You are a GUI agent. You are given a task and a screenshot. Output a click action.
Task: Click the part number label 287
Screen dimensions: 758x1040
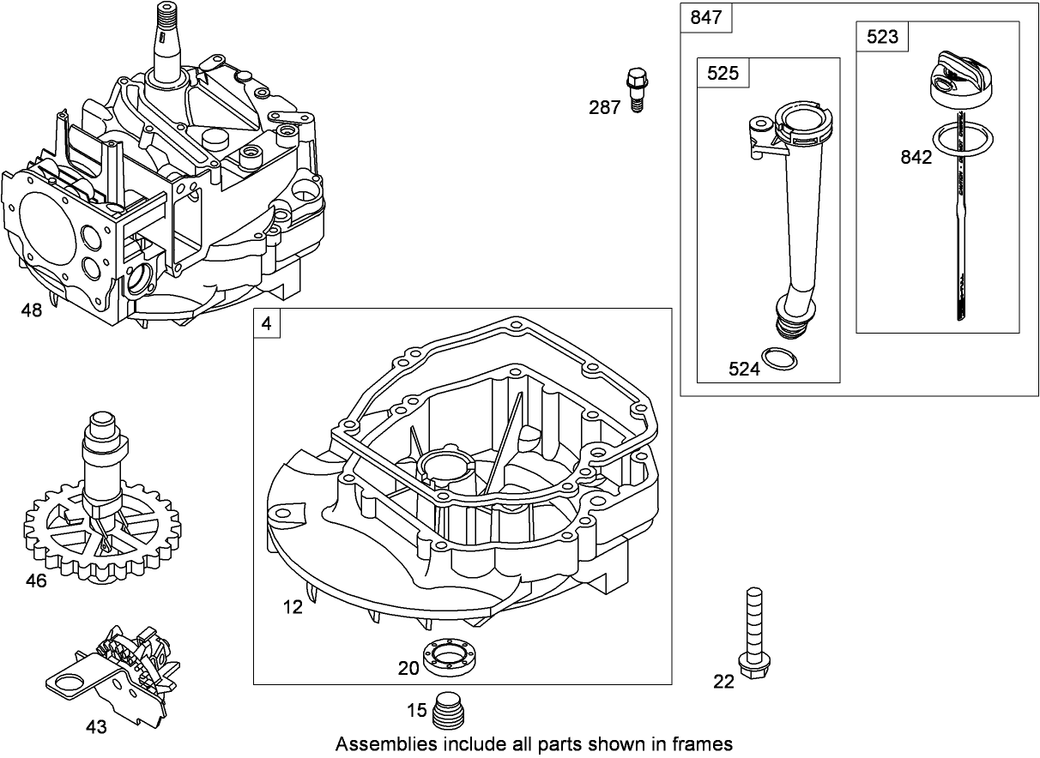click(x=604, y=108)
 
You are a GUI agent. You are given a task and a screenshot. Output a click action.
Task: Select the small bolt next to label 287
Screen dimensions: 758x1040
click(x=636, y=88)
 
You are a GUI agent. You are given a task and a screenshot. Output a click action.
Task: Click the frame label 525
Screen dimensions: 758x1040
click(x=723, y=74)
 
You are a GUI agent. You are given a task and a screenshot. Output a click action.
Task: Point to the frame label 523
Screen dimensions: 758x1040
click(x=882, y=36)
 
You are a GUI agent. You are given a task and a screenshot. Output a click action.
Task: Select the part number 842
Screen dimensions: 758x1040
click(x=916, y=158)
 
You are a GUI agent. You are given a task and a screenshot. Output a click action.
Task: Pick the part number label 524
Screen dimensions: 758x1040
click(x=744, y=370)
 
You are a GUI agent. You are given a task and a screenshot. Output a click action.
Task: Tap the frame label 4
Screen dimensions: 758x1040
click(x=266, y=324)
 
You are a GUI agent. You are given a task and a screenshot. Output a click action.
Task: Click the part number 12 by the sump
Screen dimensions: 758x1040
click(x=293, y=607)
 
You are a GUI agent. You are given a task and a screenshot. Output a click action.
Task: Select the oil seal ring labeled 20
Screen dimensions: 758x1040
click(x=450, y=657)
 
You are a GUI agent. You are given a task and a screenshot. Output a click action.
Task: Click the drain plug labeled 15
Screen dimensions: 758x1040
click(x=450, y=711)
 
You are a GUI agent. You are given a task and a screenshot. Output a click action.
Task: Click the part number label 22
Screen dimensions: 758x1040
click(x=724, y=682)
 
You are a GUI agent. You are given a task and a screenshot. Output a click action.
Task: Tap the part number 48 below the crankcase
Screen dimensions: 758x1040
click(x=31, y=310)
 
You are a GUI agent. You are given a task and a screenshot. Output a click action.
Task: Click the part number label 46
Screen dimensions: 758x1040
click(x=35, y=581)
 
